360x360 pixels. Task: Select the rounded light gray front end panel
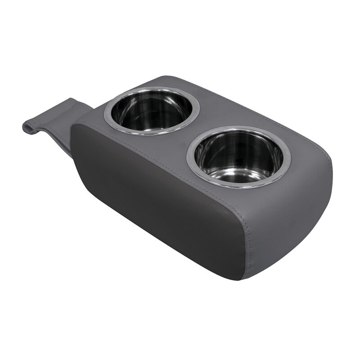coord(288,225)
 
